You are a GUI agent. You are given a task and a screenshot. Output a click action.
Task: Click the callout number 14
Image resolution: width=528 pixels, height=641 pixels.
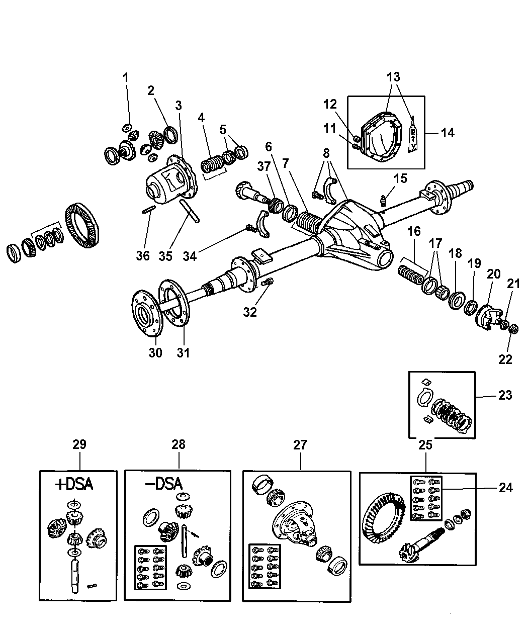(x=447, y=133)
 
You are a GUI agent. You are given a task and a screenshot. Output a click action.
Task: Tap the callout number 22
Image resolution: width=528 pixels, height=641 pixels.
(x=505, y=359)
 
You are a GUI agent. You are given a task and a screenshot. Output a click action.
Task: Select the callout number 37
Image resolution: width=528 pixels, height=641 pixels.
(x=264, y=167)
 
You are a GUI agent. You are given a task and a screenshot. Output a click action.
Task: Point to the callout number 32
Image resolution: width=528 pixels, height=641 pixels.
(x=250, y=312)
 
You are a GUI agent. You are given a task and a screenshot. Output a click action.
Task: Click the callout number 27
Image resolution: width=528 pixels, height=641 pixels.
(x=300, y=445)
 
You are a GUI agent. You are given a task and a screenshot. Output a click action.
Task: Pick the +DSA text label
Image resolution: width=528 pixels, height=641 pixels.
(x=74, y=485)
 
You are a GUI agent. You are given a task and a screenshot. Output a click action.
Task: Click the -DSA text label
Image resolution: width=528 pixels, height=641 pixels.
(x=164, y=485)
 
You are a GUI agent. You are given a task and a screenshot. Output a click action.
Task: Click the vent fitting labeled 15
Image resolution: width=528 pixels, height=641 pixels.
(x=383, y=201)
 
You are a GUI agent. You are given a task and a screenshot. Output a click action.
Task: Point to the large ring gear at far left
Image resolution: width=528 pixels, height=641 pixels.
(x=82, y=225)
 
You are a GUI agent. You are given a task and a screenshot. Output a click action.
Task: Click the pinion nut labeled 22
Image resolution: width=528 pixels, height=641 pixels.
(x=513, y=329)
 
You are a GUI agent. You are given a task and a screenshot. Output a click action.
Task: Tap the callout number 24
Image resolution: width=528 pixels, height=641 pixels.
(x=505, y=488)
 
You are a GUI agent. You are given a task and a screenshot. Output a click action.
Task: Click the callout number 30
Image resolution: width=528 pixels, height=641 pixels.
(x=155, y=353)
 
